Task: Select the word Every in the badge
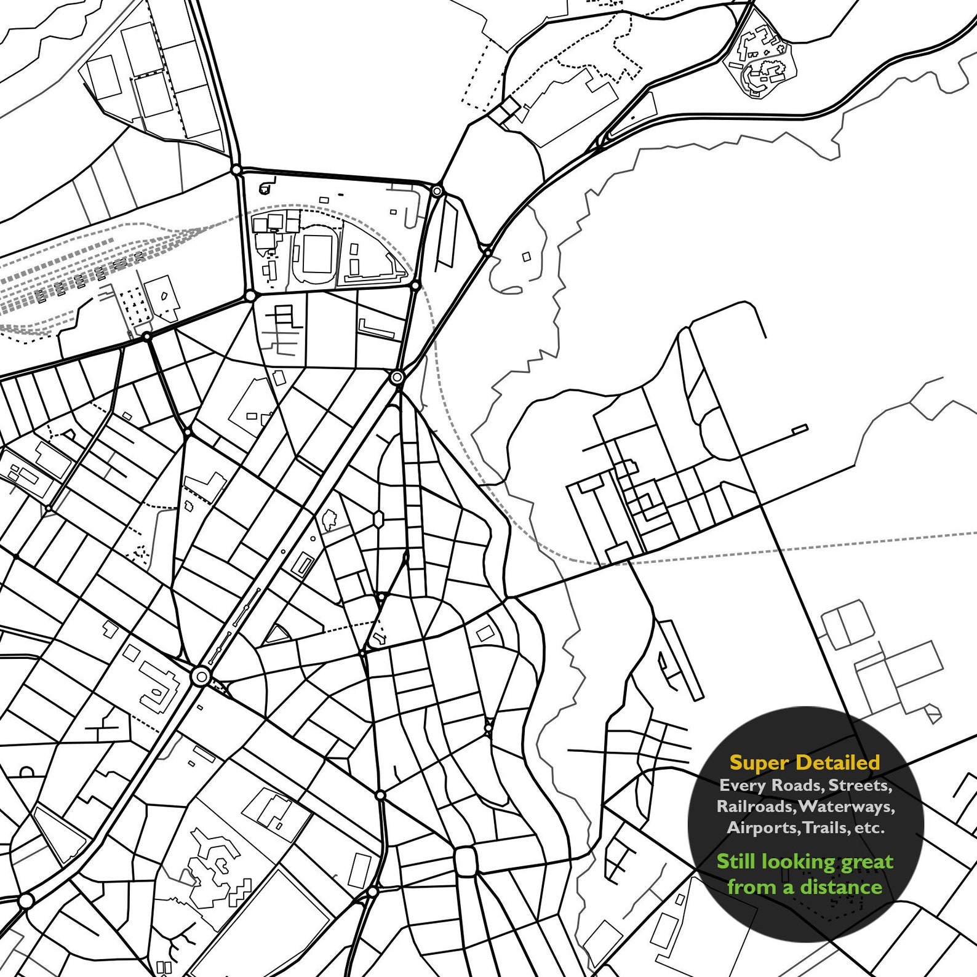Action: [743, 785]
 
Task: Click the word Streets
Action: [859, 785]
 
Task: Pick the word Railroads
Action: [756, 806]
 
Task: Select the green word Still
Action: [735, 861]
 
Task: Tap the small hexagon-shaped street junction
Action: [378, 519]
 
